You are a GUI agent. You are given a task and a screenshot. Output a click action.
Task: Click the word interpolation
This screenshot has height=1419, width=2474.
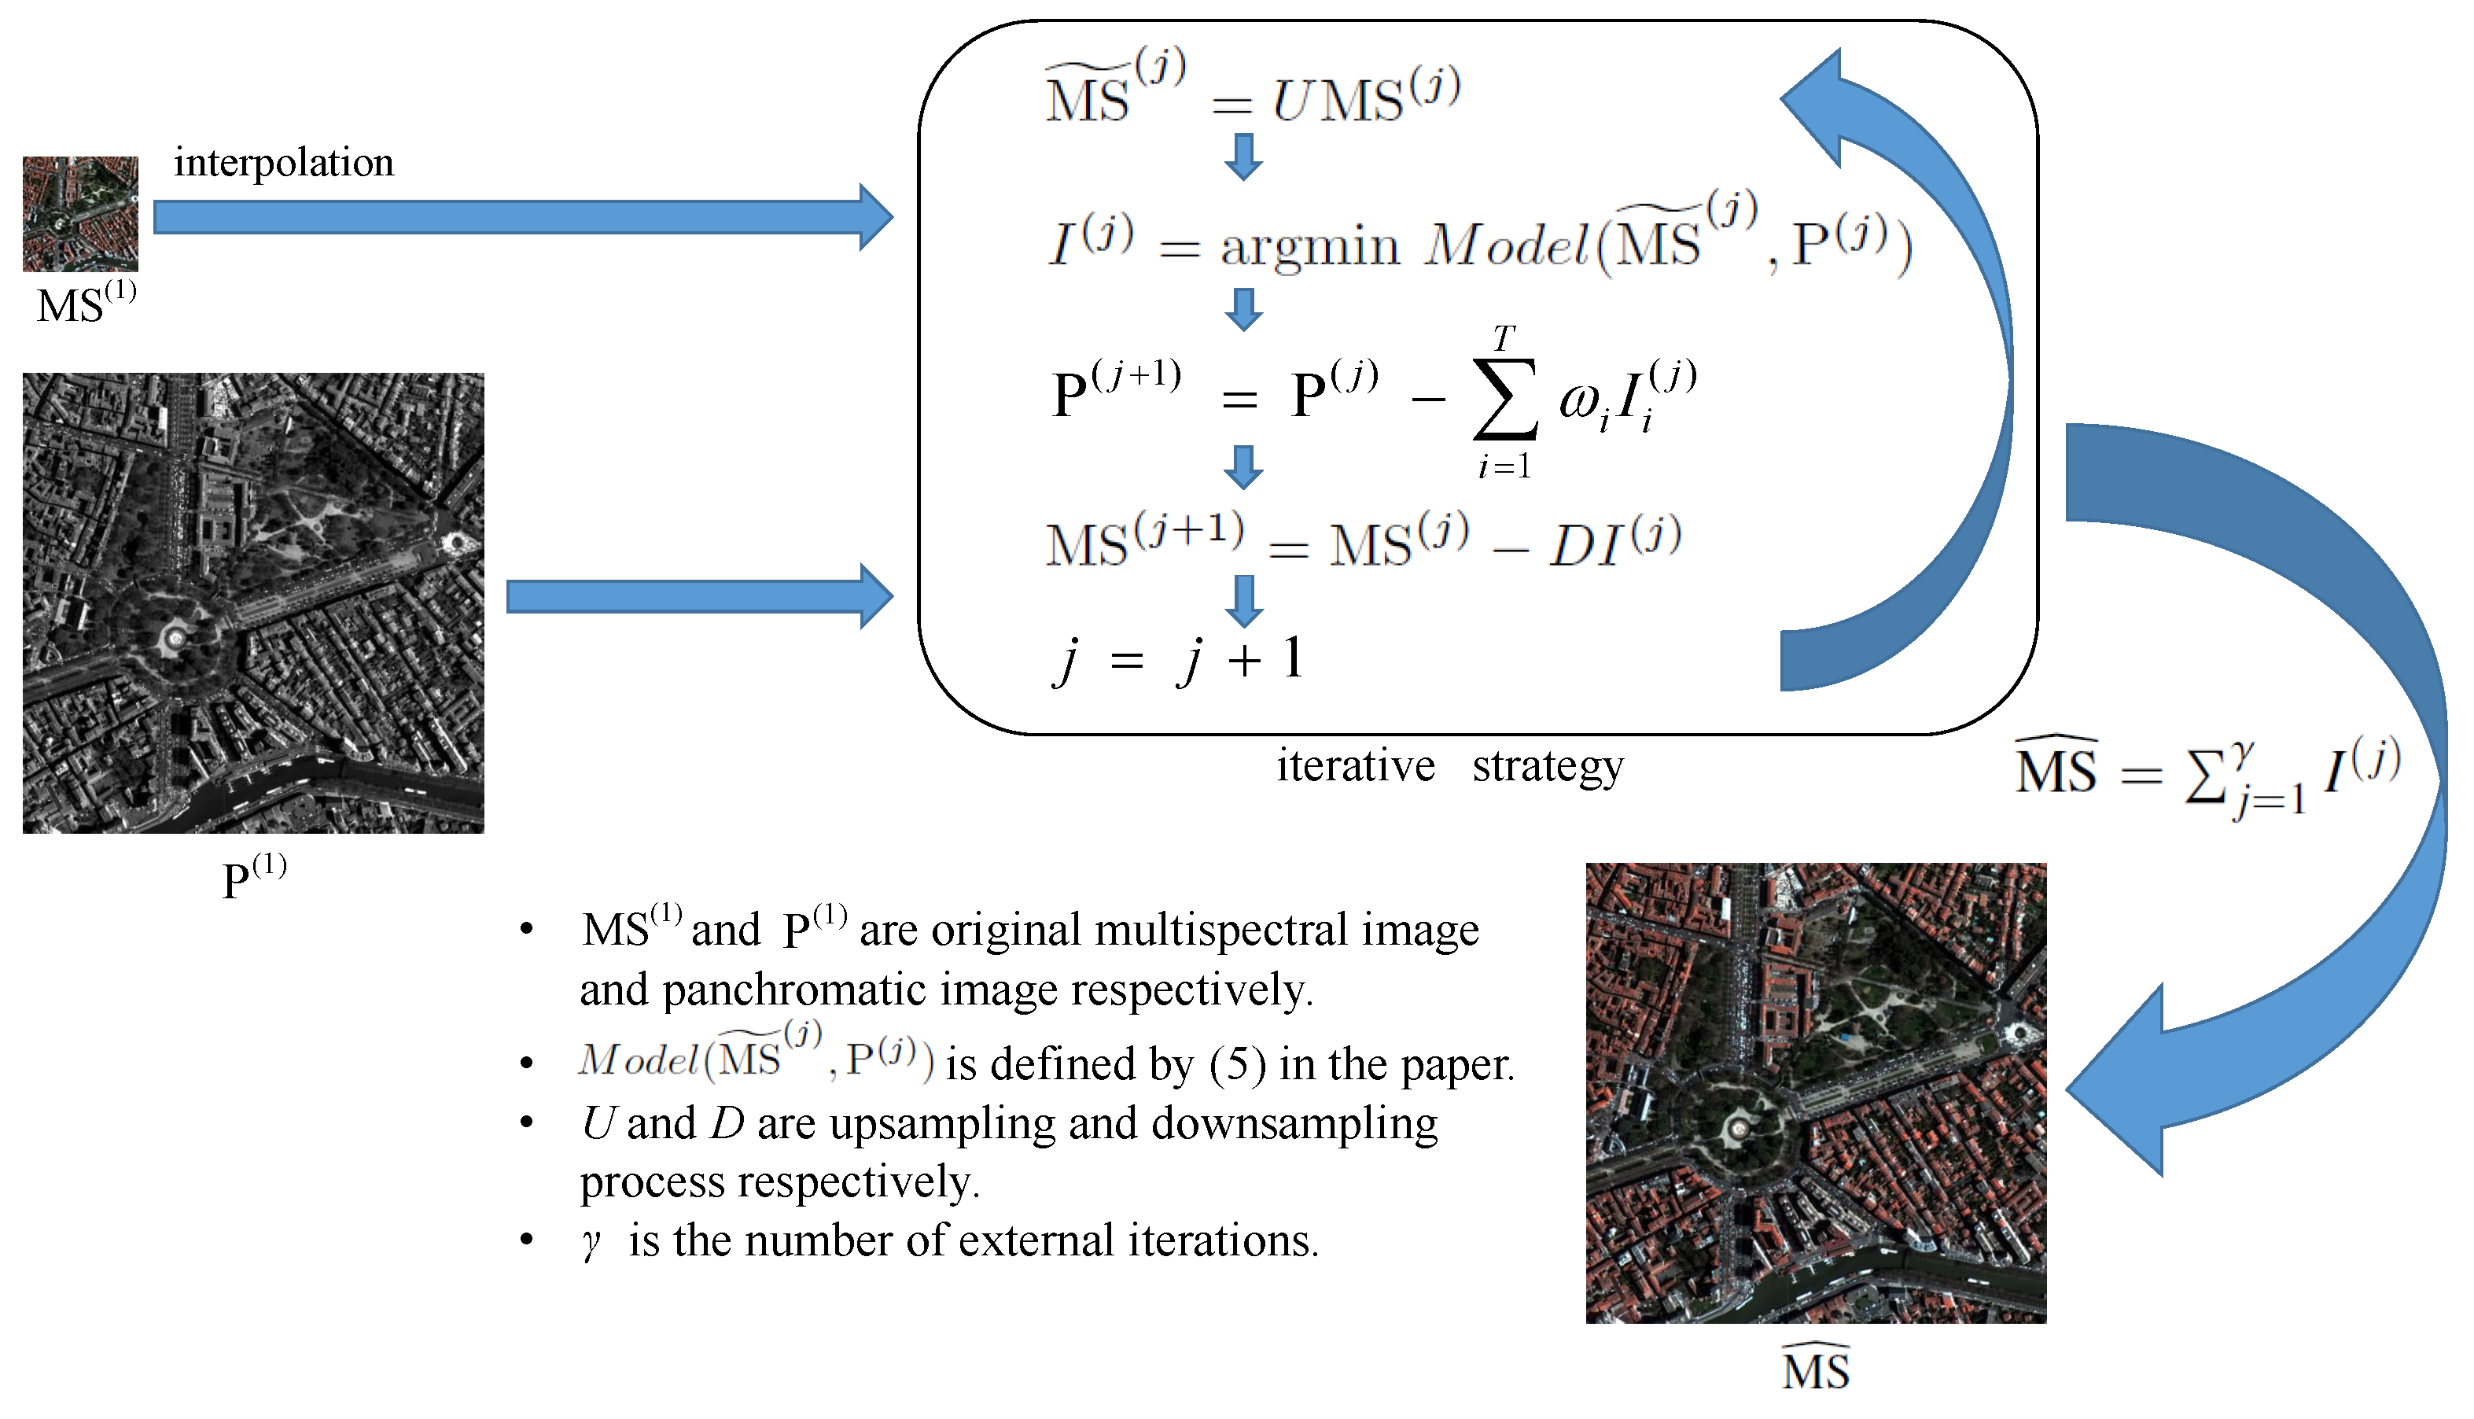(x=284, y=163)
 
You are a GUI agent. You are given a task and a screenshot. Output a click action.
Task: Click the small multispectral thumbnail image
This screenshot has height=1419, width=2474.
(x=80, y=213)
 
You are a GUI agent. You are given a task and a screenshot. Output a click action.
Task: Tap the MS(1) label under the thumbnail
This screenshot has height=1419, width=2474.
(x=86, y=303)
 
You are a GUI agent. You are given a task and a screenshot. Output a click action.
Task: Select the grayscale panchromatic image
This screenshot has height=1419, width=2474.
(x=253, y=603)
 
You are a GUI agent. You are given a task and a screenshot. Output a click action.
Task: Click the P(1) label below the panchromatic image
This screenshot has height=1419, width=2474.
(x=253, y=876)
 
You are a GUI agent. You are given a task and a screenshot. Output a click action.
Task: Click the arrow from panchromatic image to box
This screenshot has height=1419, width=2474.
(x=698, y=595)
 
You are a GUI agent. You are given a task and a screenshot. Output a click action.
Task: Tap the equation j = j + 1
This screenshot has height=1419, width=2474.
(x=1179, y=660)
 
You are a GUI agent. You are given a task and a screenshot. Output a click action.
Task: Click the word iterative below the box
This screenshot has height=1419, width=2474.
(x=1356, y=766)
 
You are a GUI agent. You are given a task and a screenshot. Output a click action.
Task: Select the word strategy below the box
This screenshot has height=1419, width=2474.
(x=1548, y=766)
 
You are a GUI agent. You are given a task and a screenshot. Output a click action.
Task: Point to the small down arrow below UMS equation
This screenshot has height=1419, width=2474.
(x=1243, y=157)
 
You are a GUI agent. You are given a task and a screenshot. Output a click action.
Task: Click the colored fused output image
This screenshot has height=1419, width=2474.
(x=1815, y=1093)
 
